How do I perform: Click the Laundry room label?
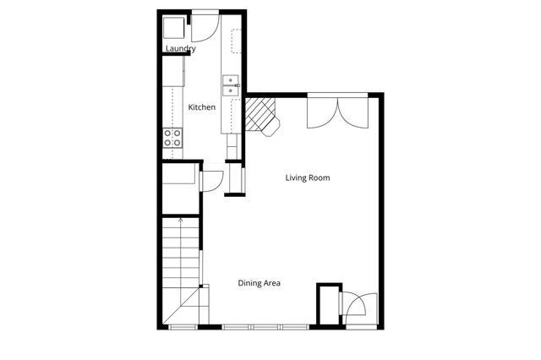tap(180, 49)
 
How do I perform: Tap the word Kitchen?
tap(201, 107)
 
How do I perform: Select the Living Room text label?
tap(307, 177)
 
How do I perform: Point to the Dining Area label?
tap(259, 283)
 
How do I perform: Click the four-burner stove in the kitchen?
tap(172, 137)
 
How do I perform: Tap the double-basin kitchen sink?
tap(231, 85)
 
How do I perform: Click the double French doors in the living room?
tap(337, 112)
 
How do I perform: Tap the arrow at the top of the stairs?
tap(181, 222)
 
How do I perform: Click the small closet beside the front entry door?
tap(326, 304)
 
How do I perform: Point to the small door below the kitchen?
tap(212, 181)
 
